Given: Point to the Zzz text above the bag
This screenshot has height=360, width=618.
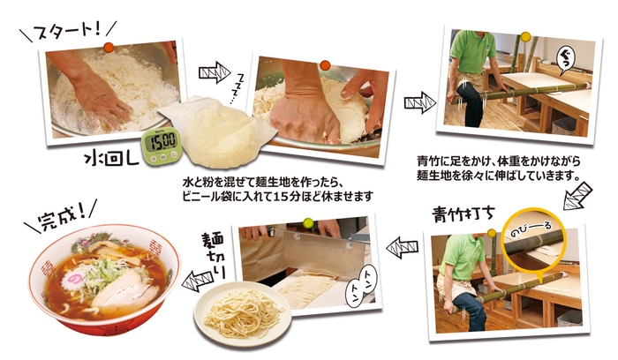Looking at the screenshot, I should click(x=239, y=87).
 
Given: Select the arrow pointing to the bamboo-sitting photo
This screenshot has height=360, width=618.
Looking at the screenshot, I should click(x=416, y=101).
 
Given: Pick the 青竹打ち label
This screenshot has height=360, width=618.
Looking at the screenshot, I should click(x=463, y=214).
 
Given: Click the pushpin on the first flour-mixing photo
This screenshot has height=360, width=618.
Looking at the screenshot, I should click(x=108, y=45).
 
